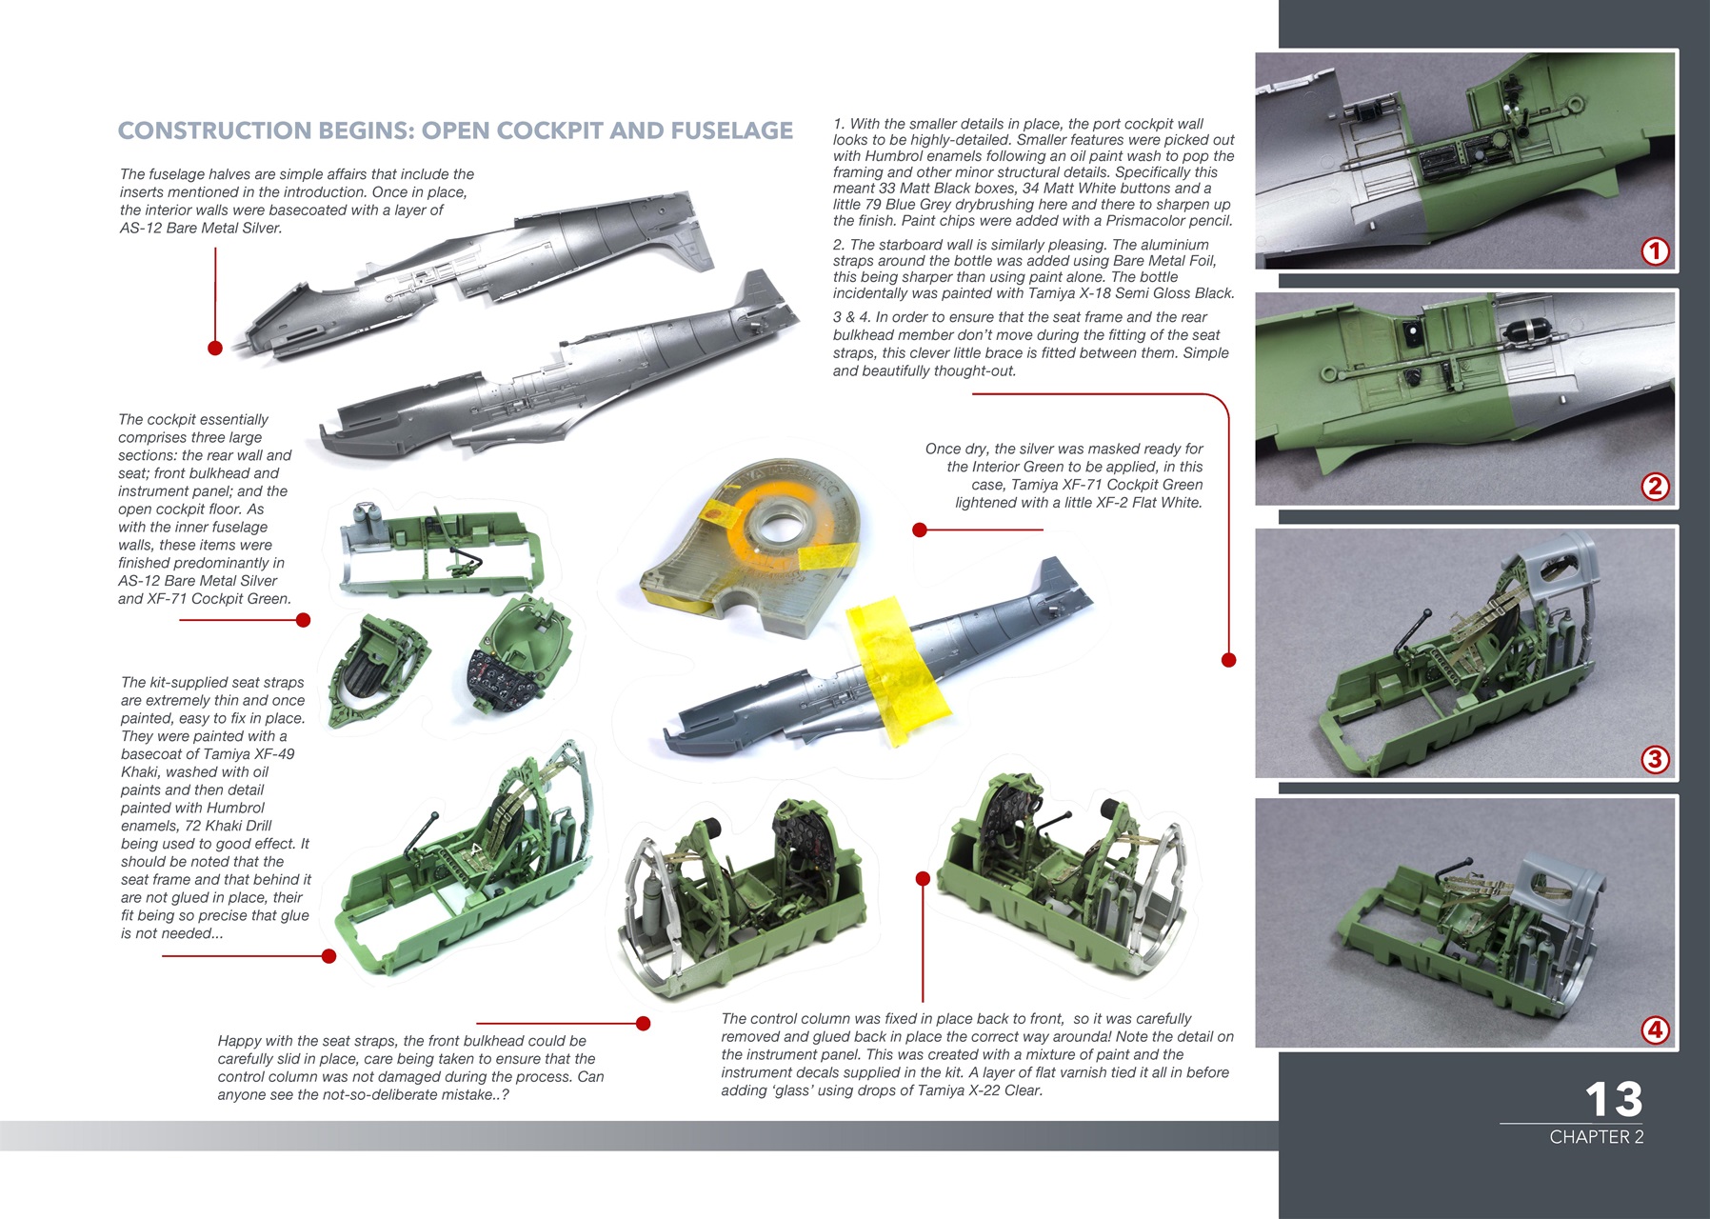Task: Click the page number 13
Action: [x=1614, y=1099]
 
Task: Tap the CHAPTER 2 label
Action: [x=1596, y=1137]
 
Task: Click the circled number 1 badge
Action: [x=1655, y=251]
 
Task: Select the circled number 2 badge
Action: [x=1655, y=486]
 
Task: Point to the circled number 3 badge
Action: [x=1655, y=759]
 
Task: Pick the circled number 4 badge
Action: [x=1655, y=1029]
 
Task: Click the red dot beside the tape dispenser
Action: [x=919, y=530]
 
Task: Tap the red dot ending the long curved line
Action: [x=1228, y=660]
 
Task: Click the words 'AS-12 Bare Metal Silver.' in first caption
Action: [x=201, y=229]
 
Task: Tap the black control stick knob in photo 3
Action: [x=1426, y=613]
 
